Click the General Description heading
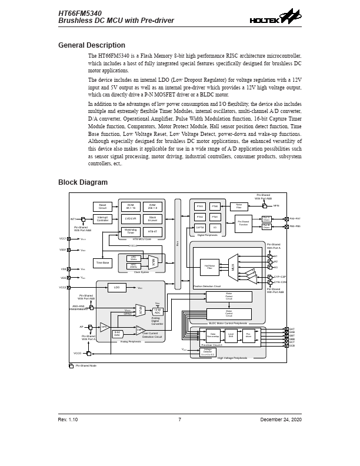[x=91, y=45]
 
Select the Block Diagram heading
[x=83, y=182]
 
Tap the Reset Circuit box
[x=102, y=207]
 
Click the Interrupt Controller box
[x=102, y=219]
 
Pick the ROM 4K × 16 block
[x=131, y=207]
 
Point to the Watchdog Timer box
[x=131, y=231]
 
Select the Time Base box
[x=103, y=263]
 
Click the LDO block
[x=116, y=288]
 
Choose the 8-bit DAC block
[x=118, y=334]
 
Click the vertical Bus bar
[x=178, y=244]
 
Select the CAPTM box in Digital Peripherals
[x=200, y=227]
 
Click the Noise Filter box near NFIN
[x=239, y=206]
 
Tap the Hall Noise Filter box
[x=209, y=267]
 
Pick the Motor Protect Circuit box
[x=229, y=297]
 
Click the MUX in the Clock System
[x=154, y=262]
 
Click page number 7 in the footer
[x=179, y=420]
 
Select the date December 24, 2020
[x=281, y=420]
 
